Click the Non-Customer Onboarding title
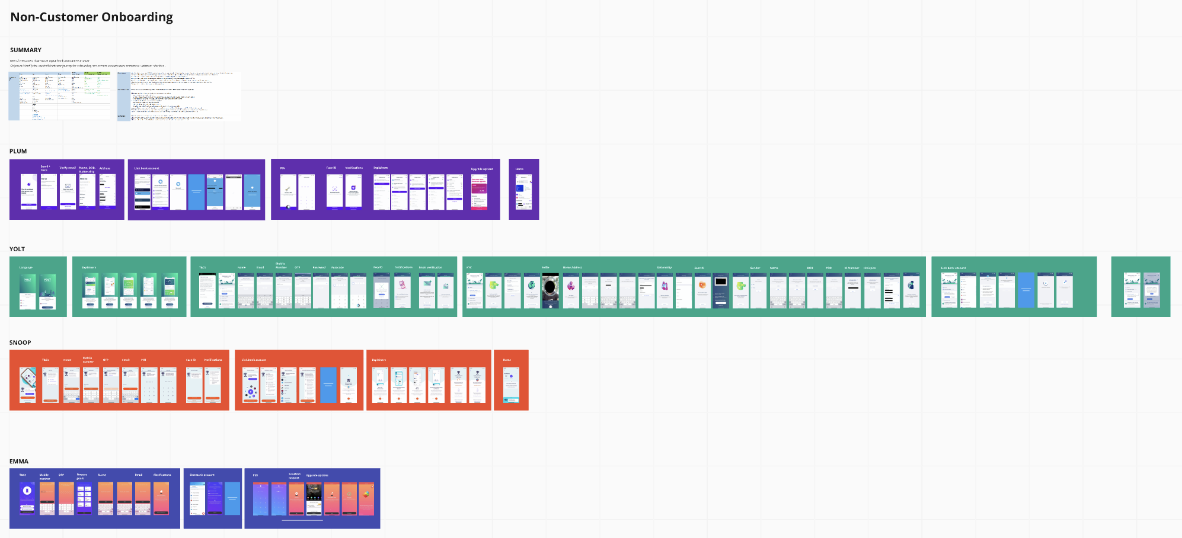click(x=92, y=17)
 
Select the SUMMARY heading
click(x=25, y=50)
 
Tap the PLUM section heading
click(x=18, y=151)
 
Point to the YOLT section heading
click(x=17, y=249)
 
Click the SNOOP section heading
click(x=20, y=342)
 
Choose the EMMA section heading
click(x=19, y=461)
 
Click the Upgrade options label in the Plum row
click(x=482, y=169)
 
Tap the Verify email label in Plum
click(x=68, y=168)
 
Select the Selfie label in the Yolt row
click(x=545, y=267)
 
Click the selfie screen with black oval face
click(x=551, y=290)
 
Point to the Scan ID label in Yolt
click(x=699, y=268)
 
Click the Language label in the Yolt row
click(x=26, y=267)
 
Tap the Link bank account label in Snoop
click(x=254, y=360)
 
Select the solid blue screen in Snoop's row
click(x=328, y=385)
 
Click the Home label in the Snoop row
click(x=507, y=360)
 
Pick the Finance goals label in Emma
click(x=82, y=476)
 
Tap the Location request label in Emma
click(x=295, y=475)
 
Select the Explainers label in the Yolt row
click(x=89, y=267)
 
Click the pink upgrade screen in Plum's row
click(x=479, y=191)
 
